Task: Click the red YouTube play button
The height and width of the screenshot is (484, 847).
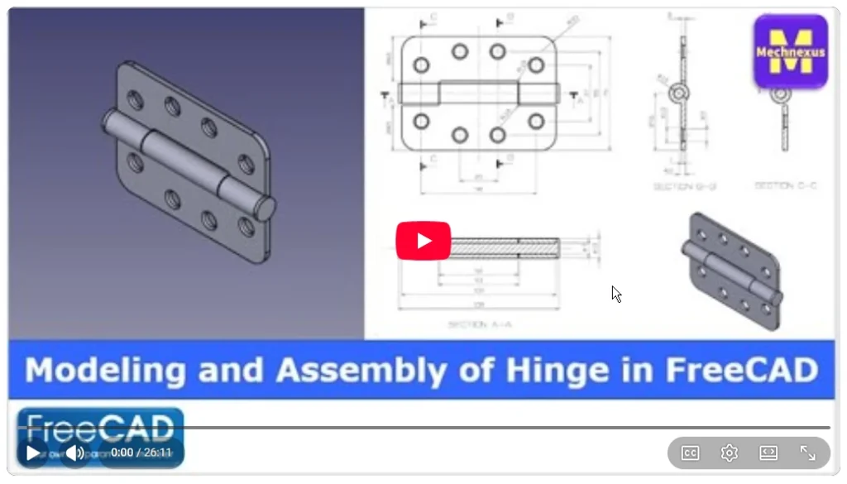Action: [x=423, y=241]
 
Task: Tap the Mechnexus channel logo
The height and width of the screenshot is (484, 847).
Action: [x=790, y=51]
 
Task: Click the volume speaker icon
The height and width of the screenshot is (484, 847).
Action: [x=74, y=453]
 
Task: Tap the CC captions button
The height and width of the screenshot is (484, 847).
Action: [x=690, y=453]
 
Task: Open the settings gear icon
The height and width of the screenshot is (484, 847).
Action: [x=729, y=453]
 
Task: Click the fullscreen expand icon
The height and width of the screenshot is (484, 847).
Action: [x=808, y=453]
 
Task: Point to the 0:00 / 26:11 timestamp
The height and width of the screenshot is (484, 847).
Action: [x=141, y=453]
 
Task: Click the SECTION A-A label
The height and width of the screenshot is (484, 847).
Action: [x=480, y=324]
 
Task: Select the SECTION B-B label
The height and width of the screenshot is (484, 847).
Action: [x=684, y=187]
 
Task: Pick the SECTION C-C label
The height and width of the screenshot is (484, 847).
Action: [x=786, y=187]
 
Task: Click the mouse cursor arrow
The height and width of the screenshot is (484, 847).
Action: [x=616, y=294]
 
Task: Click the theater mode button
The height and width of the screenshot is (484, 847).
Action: [x=768, y=453]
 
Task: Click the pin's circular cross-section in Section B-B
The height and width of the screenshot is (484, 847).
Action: [x=678, y=93]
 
